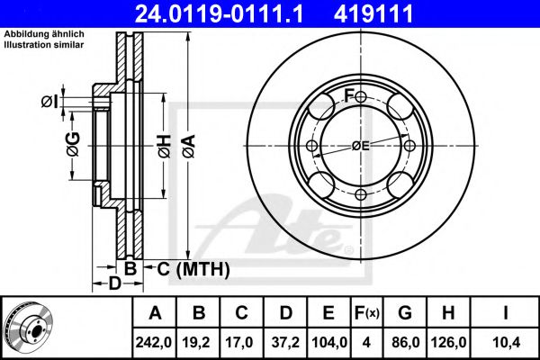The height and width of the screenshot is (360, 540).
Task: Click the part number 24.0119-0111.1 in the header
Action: [219, 14]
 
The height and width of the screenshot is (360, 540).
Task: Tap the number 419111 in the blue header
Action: [373, 14]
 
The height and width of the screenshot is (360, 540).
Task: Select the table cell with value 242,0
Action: [154, 342]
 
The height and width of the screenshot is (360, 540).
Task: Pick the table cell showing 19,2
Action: [198, 342]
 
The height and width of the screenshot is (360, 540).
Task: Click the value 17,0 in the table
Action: [241, 342]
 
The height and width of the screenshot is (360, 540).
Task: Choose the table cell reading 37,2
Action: [285, 342]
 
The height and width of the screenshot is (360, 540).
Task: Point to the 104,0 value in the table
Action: [328, 342]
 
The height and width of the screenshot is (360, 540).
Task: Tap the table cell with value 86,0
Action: [405, 342]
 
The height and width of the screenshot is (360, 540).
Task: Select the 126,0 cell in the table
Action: [448, 342]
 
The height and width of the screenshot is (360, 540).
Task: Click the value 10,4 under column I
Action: [506, 342]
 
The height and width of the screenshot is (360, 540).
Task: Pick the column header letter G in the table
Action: [405, 313]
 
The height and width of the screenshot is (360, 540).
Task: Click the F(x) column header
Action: [367, 313]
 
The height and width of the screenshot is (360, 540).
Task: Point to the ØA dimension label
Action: [189, 147]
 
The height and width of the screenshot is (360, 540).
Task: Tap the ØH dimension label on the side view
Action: [165, 147]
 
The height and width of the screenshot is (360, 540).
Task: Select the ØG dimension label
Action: [74, 144]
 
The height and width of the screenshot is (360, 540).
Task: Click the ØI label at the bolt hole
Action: [49, 102]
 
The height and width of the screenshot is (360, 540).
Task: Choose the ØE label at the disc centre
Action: [361, 146]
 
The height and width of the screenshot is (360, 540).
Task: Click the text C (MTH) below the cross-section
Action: [193, 269]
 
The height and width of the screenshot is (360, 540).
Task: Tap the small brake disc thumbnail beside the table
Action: [30, 328]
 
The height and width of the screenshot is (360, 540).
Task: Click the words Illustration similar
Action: [44, 45]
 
